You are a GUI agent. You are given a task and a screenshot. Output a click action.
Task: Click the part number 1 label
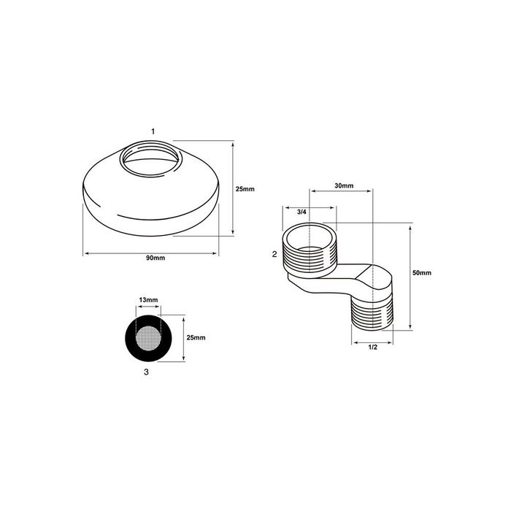point(153,131)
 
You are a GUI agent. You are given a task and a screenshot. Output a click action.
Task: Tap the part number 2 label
point(274,254)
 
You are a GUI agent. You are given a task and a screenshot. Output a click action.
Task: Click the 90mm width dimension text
point(153,258)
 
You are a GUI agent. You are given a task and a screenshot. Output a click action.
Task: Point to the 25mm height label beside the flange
point(245,189)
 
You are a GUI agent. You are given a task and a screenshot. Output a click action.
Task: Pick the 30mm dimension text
point(344,186)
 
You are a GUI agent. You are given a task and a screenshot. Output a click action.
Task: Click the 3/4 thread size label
point(301,212)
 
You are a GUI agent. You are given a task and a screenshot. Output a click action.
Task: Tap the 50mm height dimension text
point(422,272)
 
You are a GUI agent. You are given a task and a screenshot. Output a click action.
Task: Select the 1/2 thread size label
point(372,347)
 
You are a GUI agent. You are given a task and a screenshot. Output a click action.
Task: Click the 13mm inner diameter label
point(149,301)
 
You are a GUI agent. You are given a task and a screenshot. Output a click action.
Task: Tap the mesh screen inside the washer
point(149,337)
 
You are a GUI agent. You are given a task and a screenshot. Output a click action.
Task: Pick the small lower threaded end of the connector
point(372,314)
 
